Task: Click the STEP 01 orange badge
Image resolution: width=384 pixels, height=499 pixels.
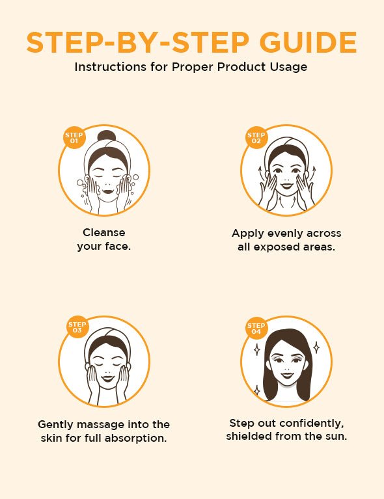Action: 74,138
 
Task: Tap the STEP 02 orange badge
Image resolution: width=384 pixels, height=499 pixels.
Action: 256,138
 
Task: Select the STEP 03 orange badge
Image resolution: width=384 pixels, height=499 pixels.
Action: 77,327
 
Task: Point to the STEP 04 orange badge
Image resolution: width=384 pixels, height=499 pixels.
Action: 256,328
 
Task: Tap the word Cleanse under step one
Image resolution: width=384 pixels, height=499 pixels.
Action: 104,232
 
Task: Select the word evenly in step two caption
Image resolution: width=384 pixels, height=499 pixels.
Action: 286,233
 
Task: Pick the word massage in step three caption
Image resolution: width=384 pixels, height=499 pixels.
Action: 110,424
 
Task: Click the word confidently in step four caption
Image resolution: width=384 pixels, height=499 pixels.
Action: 305,422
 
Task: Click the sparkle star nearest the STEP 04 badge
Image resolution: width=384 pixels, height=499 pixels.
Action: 256,349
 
